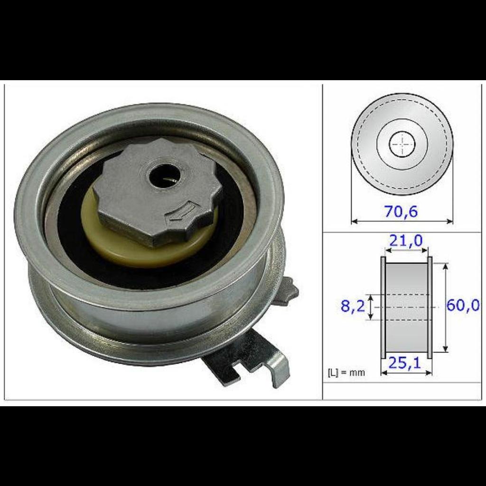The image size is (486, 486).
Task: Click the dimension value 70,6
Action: pos(401,211)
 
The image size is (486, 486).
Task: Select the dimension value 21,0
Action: pos(406,241)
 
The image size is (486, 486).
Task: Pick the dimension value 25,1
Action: pos(404,363)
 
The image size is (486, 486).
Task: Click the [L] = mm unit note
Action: pos(346,373)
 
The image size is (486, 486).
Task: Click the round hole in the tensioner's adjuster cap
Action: pos(162,176)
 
